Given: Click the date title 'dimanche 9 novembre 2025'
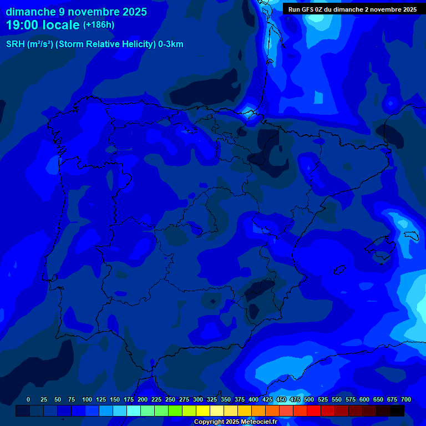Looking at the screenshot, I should (76, 12).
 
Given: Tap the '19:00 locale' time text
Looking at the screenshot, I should (43, 25).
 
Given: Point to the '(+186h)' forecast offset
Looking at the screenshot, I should (98, 25).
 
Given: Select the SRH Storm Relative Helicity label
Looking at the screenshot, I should (94, 44).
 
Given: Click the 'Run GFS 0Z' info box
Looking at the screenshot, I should (352, 9).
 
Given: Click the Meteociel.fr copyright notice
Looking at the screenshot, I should (235, 422).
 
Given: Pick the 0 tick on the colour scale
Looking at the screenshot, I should (28, 399).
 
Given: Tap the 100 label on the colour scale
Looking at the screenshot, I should (87, 399).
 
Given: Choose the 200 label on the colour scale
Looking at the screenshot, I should (143, 399).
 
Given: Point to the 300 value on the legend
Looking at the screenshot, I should (198, 399).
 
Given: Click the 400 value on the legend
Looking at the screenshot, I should (253, 399).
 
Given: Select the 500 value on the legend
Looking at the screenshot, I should (309, 399).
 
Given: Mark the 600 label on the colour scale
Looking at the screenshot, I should (364, 399).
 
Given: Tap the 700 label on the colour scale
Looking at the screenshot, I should (406, 399).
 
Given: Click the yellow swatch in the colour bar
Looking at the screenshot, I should (203, 410).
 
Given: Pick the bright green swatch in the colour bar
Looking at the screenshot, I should (175, 410).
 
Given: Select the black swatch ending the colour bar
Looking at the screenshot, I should (397, 410).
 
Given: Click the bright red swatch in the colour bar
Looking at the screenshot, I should (314, 410).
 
